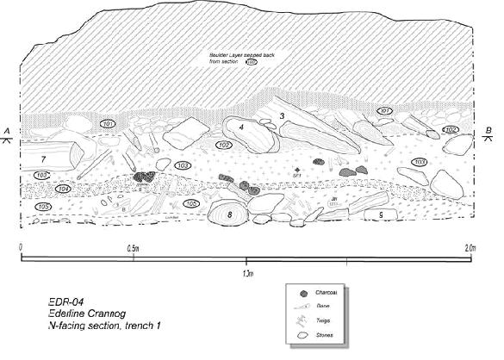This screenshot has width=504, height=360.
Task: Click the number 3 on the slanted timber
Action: pos(282,116)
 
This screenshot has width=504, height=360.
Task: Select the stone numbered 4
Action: pos(242,127)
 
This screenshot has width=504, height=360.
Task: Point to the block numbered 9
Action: pos(379,213)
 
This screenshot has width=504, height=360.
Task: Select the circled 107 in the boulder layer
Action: pos(252,62)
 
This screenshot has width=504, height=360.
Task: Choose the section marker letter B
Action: pos(489,131)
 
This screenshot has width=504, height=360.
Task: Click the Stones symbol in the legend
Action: pos(303,335)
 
